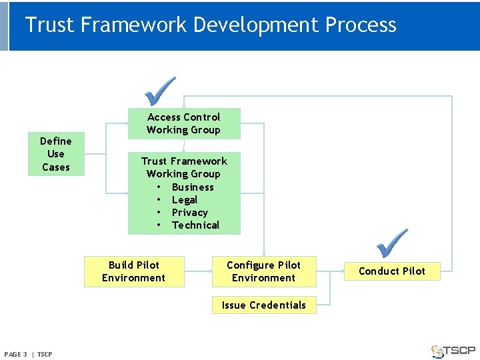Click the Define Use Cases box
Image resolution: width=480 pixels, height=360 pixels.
(x=56, y=154)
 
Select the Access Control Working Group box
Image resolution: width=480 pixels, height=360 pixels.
(x=183, y=123)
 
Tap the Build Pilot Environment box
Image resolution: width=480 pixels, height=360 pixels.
(x=133, y=271)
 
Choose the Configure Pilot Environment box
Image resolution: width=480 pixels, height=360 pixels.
(x=263, y=271)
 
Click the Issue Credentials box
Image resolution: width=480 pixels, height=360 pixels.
(x=263, y=305)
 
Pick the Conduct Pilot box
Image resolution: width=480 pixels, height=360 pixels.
(x=392, y=271)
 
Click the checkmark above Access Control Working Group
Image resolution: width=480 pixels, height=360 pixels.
(x=161, y=91)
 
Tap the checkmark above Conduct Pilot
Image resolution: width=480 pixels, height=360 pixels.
(x=392, y=243)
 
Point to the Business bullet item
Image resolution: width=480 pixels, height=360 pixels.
(x=192, y=187)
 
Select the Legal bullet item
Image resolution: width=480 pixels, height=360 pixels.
(x=184, y=200)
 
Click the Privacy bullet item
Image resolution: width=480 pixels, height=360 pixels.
(x=189, y=213)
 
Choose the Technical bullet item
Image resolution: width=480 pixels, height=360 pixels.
(x=195, y=225)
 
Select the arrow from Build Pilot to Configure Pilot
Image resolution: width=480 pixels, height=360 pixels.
(x=198, y=271)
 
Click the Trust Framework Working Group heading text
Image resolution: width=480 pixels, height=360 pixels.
(x=184, y=167)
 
